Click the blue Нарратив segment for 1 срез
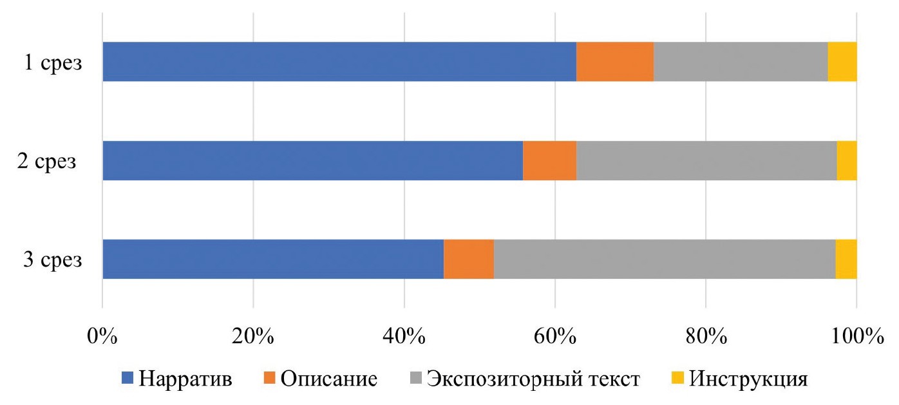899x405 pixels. coord(339,62)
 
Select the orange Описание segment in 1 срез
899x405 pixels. coord(615,62)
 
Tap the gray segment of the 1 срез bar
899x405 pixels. coord(741,62)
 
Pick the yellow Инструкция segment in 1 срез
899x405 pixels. coord(842,62)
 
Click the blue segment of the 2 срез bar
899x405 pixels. coord(312,161)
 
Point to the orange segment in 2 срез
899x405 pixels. coord(549,161)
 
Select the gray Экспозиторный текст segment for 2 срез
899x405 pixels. coord(706,161)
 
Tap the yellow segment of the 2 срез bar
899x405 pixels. coord(847,161)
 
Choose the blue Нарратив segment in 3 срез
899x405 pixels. coord(273,259)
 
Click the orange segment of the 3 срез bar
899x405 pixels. coord(469,259)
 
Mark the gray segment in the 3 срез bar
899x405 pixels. coord(665,259)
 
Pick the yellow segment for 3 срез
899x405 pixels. coord(846,259)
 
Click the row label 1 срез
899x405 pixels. coord(53,64)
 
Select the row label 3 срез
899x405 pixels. coord(53,261)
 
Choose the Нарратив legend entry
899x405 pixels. coord(177,379)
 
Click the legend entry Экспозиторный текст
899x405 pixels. coord(524,379)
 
